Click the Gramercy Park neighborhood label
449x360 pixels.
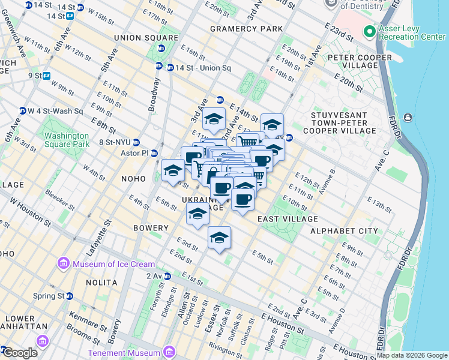(x=246, y=29)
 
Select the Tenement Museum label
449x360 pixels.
(x=125, y=353)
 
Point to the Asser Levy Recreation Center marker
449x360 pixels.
(x=369, y=31)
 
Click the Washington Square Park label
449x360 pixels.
(x=67, y=140)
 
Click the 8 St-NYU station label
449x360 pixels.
(x=113, y=142)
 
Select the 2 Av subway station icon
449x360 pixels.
(x=167, y=276)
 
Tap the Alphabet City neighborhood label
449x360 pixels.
(x=344, y=231)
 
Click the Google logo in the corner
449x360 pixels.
(x=20, y=353)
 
